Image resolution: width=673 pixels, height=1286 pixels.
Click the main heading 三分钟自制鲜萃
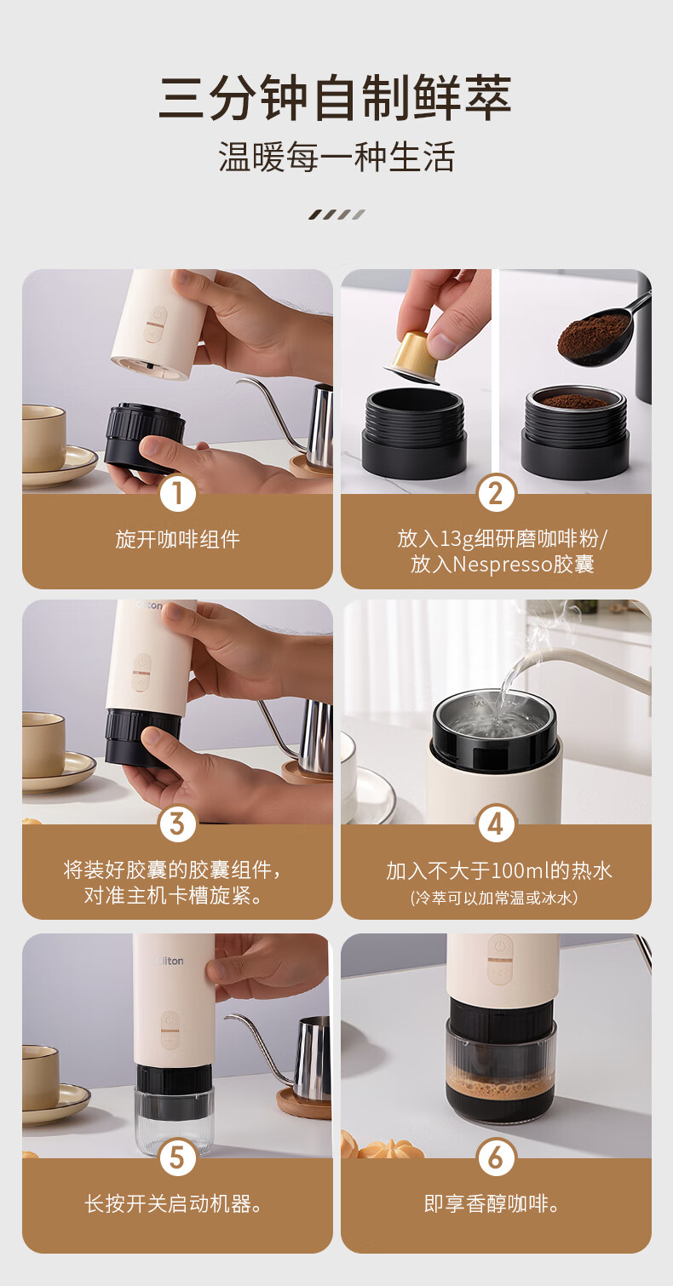pos(335,98)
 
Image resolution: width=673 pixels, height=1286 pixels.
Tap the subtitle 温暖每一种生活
pos(336,157)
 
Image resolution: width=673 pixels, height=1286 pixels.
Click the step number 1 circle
pos(177,494)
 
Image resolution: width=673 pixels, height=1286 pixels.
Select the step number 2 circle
pos(496,494)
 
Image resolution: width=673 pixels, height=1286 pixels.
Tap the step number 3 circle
pos(177,824)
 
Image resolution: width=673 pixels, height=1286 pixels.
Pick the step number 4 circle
pos(496,824)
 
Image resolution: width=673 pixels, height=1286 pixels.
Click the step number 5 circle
pos(177,1157)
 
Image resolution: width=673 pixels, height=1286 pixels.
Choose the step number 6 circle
pos(496,1157)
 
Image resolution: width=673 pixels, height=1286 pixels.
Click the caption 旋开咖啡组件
pos(177,540)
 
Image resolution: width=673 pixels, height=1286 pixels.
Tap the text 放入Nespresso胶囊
pos(502,565)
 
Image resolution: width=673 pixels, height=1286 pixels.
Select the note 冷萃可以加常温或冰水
pos(494,898)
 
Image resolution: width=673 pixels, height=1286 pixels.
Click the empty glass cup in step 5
pos(174,1120)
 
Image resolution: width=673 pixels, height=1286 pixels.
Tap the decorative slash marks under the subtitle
pos(336,215)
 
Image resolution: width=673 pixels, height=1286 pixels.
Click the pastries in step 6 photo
pos(379,1146)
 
